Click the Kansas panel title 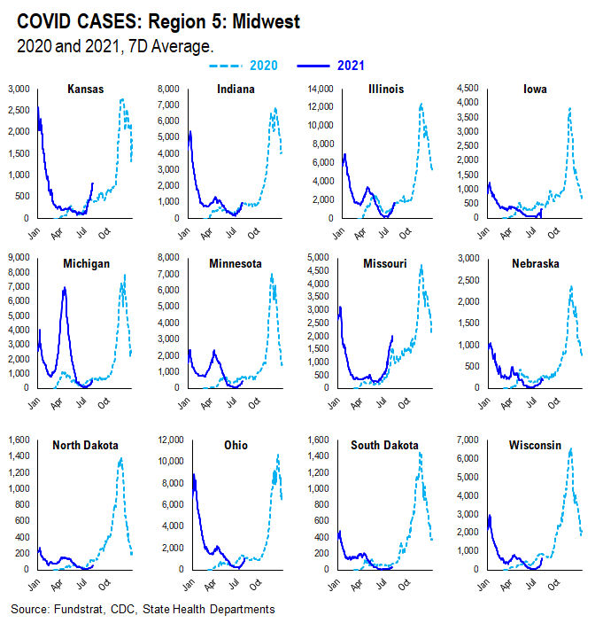(x=84, y=90)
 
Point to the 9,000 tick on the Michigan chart (x=18, y=259)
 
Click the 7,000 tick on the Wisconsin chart (x=468, y=440)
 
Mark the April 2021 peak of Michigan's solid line (x=64, y=288)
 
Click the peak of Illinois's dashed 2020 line (x=421, y=105)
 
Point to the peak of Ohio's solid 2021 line (x=193, y=475)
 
